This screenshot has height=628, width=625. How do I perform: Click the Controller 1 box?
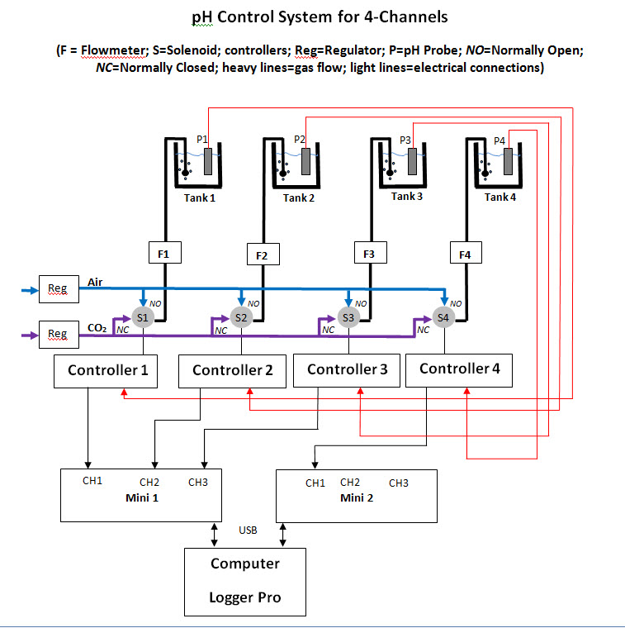tap(107, 370)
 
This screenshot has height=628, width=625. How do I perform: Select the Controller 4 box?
tap(459, 369)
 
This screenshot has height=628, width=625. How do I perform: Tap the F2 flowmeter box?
tap(262, 255)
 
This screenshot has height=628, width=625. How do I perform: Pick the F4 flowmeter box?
tap(465, 255)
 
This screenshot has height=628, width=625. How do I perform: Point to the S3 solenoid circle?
tap(348, 317)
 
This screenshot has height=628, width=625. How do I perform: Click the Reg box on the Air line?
tap(57, 288)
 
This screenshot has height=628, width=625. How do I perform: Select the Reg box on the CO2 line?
tap(57, 334)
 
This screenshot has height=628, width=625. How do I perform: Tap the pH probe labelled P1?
tap(208, 161)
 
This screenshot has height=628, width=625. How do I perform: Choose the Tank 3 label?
tap(408, 197)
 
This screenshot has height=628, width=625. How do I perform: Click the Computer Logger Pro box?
tap(244, 580)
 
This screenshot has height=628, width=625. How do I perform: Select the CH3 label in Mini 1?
tap(198, 482)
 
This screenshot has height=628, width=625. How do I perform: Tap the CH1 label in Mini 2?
tap(315, 483)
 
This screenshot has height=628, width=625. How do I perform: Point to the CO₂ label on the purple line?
tap(98, 328)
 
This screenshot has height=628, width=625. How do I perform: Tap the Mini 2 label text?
tap(356, 498)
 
